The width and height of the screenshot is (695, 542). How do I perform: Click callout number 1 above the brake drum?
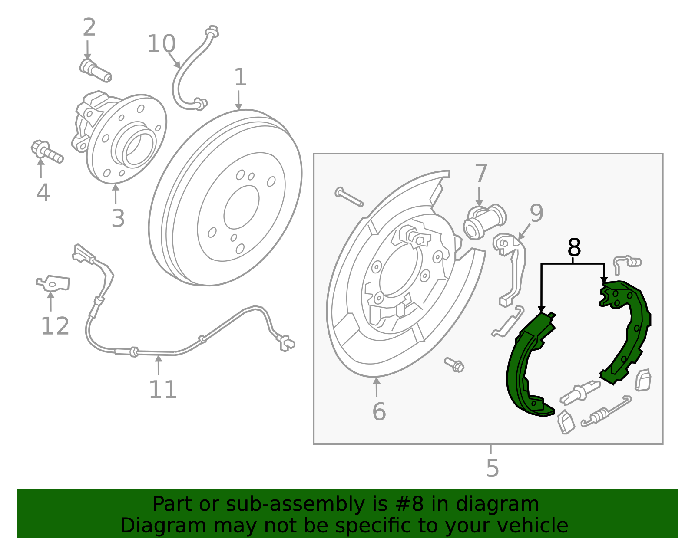click(x=240, y=78)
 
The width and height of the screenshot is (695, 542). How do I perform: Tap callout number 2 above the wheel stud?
click(x=89, y=28)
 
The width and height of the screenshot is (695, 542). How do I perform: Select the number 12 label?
click(x=55, y=326)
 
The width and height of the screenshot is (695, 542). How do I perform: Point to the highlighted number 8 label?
click(x=574, y=248)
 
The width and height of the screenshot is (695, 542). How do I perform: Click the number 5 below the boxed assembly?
click(x=492, y=468)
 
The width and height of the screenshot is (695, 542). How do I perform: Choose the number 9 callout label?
click(x=536, y=213)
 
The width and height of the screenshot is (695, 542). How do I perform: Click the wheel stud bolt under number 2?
click(x=96, y=71)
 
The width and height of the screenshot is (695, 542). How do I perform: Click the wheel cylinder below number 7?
click(x=484, y=220)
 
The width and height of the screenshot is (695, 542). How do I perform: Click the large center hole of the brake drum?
click(x=241, y=207)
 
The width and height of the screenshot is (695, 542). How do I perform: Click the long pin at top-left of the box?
click(x=349, y=197)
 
